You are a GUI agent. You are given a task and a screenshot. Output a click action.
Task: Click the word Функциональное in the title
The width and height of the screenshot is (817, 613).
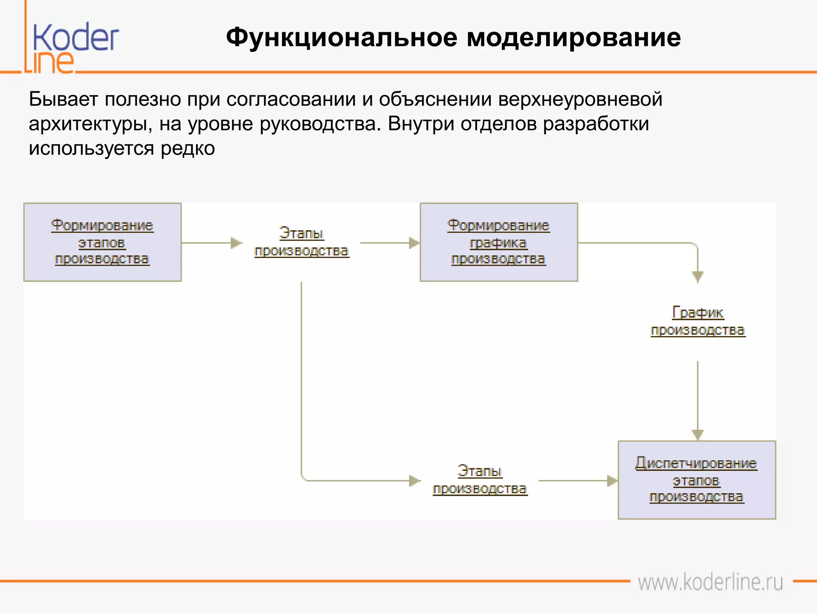click(x=341, y=38)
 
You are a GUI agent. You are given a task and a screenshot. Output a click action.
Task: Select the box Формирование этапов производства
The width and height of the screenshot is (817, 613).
click(x=103, y=242)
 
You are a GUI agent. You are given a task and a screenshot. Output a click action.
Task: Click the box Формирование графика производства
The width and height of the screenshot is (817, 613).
click(x=499, y=242)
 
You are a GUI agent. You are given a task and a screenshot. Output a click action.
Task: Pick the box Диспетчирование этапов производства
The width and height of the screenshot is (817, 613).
click(x=697, y=480)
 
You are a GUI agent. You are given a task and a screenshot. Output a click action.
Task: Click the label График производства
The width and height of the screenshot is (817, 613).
click(x=698, y=322)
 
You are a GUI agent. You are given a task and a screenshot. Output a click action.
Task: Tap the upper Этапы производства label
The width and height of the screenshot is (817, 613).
click(x=302, y=242)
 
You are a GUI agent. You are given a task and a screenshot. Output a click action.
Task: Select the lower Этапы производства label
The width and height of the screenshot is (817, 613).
click(x=480, y=480)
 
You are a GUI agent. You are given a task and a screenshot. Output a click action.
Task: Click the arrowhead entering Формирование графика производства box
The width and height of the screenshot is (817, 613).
click(x=414, y=243)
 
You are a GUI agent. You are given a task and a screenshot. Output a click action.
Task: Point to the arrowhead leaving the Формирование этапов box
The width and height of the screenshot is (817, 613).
click(x=236, y=243)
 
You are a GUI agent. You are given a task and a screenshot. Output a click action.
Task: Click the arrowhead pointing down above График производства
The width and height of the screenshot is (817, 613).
click(x=697, y=276)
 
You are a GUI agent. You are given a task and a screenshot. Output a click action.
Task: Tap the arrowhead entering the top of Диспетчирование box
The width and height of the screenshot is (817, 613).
click(x=697, y=435)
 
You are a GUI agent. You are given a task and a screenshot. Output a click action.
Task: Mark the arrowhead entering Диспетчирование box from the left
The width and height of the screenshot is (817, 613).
click(x=612, y=481)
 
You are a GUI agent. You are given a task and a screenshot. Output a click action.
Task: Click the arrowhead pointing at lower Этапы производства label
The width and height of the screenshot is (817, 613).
click(x=414, y=481)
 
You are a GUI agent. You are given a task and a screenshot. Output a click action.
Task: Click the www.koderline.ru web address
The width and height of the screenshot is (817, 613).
click(x=710, y=582)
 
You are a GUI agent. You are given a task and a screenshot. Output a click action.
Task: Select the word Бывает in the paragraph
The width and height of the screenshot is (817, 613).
click(x=63, y=99)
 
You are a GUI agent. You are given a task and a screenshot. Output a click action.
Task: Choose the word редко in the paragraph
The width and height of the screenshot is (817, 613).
click(x=187, y=148)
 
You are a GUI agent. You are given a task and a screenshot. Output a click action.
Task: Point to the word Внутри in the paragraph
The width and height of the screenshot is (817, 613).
click(x=421, y=124)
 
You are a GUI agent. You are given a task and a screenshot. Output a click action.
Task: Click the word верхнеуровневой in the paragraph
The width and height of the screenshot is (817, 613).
click(x=580, y=99)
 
